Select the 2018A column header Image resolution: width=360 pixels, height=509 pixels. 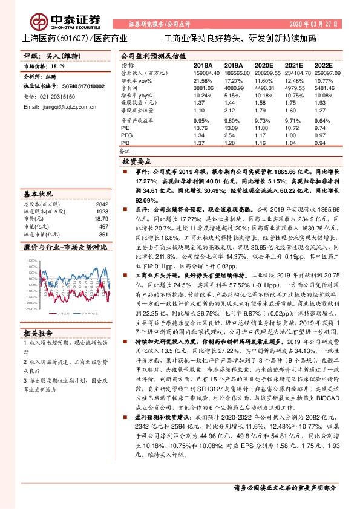[x=203, y=65]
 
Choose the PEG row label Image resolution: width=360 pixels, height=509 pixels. [x=126, y=135]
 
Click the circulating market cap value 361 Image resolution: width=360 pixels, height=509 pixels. [x=103, y=234]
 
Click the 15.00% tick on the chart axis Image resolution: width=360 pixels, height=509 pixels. [x=30, y=261]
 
